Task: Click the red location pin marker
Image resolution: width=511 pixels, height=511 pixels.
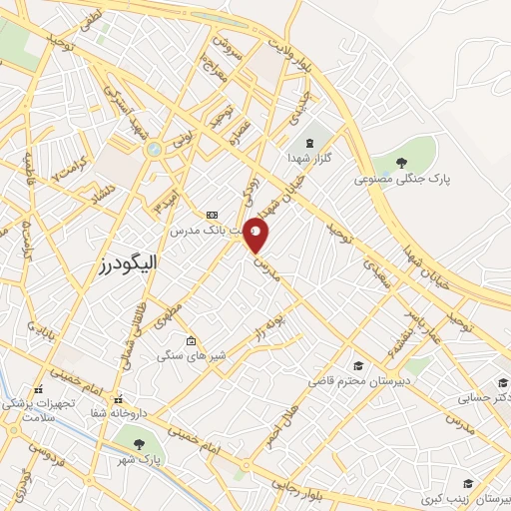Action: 256,236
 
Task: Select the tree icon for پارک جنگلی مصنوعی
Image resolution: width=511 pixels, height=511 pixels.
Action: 401,163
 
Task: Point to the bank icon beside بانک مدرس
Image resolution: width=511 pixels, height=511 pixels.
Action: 211,215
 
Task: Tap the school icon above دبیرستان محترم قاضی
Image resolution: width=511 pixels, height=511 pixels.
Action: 358,365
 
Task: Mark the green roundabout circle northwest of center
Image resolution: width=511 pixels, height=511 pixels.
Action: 153,149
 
